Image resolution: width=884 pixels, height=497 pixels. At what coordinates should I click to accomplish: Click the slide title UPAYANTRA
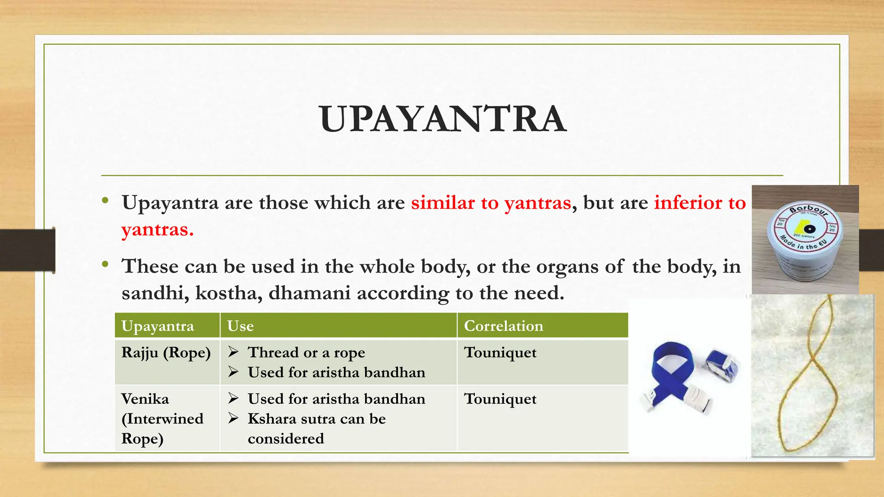[442, 120]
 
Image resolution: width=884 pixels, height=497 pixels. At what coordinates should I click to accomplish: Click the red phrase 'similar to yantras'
[491, 203]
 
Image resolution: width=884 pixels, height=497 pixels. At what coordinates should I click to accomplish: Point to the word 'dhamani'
[309, 293]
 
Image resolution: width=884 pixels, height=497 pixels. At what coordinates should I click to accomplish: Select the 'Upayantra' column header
[158, 326]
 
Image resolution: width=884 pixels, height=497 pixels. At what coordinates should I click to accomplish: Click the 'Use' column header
[240, 326]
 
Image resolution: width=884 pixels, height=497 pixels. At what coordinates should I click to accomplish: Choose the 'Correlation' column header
[503, 326]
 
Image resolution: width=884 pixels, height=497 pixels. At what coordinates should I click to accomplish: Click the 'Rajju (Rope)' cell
[166, 353]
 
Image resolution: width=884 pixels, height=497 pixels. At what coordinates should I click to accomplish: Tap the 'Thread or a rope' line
[306, 353]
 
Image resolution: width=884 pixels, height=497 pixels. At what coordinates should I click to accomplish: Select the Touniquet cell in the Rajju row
[500, 353]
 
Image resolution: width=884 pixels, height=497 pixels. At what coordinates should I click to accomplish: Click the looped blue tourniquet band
[673, 371]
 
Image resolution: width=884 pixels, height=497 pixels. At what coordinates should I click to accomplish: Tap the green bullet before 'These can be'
[105, 264]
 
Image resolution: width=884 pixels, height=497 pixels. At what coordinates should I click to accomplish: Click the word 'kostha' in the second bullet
[228, 293]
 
